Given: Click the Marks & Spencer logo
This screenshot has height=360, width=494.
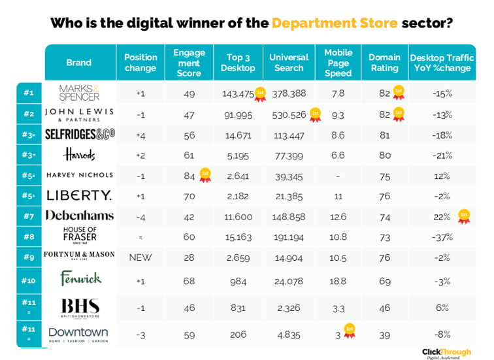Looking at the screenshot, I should coord(79,93).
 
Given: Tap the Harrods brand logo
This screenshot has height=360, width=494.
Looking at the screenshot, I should coord(79,154).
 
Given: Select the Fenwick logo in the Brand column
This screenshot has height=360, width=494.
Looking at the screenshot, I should coord(80,279).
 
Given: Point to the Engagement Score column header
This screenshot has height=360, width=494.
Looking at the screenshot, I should coord(189,63).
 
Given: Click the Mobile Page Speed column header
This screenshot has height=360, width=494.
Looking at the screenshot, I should coord(338,63).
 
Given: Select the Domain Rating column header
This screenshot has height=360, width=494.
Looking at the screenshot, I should coord(384,63).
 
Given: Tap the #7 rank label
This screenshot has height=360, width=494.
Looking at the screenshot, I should coord(29,216).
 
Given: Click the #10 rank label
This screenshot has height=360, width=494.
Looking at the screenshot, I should coord(29,281).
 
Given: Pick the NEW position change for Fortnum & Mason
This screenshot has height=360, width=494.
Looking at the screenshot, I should coord(140,257).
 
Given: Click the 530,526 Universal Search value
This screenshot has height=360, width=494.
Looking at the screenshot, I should coord(289,114).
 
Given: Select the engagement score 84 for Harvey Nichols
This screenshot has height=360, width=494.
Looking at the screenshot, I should coord(189,175).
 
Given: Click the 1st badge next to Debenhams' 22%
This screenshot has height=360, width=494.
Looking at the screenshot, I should coord(464,216).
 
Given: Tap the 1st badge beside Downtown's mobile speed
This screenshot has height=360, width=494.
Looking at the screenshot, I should coord(350,331).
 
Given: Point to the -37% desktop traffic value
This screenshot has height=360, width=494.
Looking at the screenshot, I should coord(442,237).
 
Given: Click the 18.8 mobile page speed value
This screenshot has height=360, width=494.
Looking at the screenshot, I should coord(338,281).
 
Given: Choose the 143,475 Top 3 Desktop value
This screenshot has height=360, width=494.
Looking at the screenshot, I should coord(238,93).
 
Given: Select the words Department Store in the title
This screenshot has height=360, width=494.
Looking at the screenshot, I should coord(335,24).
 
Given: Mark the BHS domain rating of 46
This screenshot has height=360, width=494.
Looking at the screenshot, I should coord(384,307).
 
